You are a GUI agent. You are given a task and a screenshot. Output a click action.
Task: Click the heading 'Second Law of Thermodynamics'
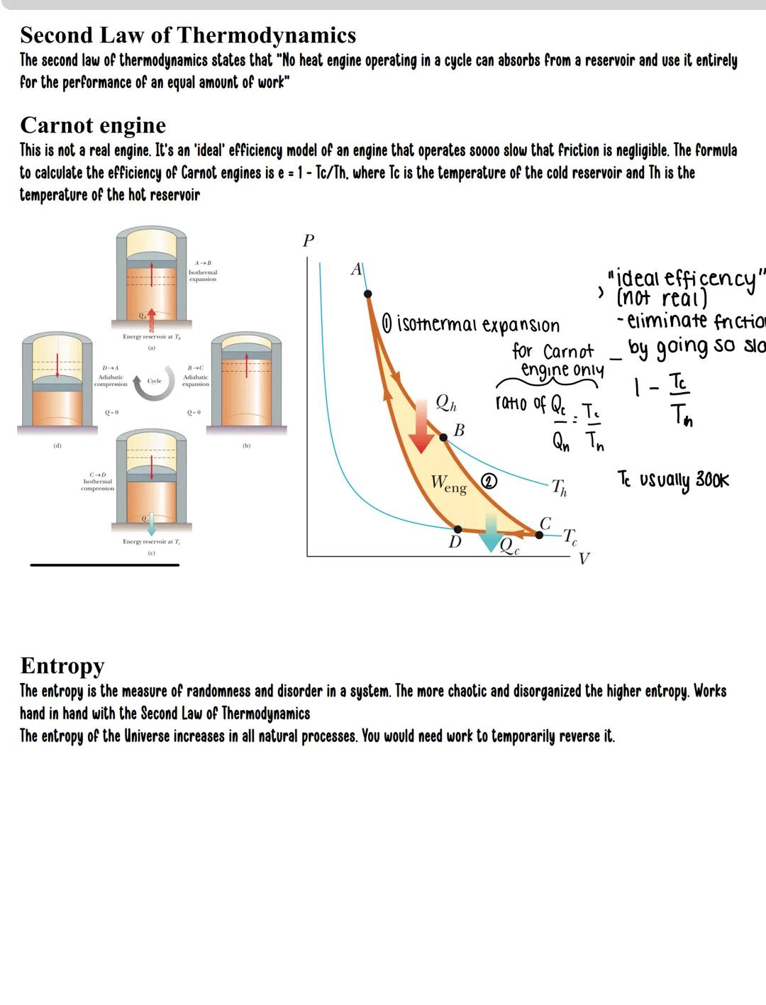[188, 35]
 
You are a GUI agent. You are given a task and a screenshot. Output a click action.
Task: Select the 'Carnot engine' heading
[93, 125]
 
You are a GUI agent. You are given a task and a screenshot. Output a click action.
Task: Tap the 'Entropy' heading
[62, 665]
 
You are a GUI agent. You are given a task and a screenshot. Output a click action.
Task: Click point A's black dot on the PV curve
[367, 294]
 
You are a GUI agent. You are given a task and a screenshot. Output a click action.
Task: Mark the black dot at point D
[457, 529]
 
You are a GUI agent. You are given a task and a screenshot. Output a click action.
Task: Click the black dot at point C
[538, 535]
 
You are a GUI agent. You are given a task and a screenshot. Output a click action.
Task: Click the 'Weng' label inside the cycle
[449, 485]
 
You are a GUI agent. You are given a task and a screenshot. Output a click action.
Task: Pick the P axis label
[308, 241]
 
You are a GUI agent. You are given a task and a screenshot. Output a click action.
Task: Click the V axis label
[584, 559]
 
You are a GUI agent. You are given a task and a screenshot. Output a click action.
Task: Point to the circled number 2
[489, 482]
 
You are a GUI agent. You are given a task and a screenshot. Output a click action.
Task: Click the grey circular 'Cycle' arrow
[155, 382]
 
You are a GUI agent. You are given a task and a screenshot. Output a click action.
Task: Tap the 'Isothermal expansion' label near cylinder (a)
[202, 275]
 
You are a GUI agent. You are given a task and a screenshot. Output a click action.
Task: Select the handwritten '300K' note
[711, 479]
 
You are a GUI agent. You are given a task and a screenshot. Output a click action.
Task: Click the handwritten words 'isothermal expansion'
[478, 325]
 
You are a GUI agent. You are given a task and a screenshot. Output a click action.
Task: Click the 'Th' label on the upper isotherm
[560, 487]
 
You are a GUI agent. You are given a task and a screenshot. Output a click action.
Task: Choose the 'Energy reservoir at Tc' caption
[151, 542]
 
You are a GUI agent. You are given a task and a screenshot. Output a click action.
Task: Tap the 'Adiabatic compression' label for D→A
[111, 381]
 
